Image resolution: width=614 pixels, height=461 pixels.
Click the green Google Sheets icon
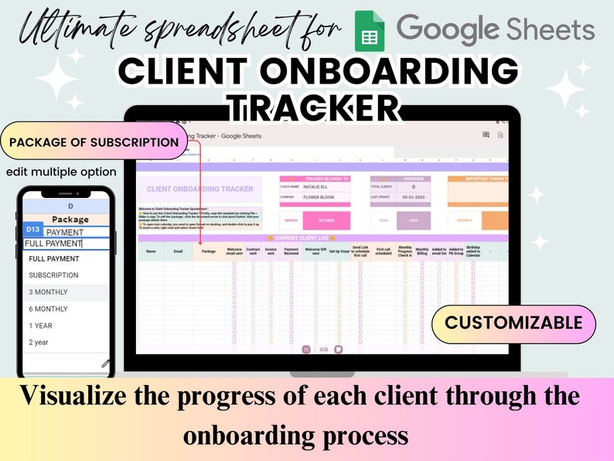[x=370, y=31]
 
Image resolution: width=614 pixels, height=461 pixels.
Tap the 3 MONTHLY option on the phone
[x=48, y=292]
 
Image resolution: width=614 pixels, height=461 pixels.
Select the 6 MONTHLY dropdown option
[x=48, y=309]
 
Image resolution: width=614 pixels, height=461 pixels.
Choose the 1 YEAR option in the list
[x=41, y=326]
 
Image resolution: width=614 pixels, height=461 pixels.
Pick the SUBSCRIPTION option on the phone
[x=53, y=275]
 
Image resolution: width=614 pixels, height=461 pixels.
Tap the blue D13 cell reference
[x=33, y=230]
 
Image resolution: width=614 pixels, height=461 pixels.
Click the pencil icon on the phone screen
[x=105, y=363]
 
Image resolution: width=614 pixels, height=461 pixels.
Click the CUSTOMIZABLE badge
[x=513, y=322]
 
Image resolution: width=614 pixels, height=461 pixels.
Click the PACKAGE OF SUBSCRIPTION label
[x=94, y=142]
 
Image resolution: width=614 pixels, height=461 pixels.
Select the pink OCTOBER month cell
[x=326, y=220]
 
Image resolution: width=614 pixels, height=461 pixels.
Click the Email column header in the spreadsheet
[x=179, y=251]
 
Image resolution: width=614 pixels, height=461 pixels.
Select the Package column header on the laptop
[x=208, y=251]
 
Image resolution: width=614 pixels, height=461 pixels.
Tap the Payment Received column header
[x=291, y=251]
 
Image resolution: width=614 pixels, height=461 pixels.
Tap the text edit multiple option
[x=61, y=172]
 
